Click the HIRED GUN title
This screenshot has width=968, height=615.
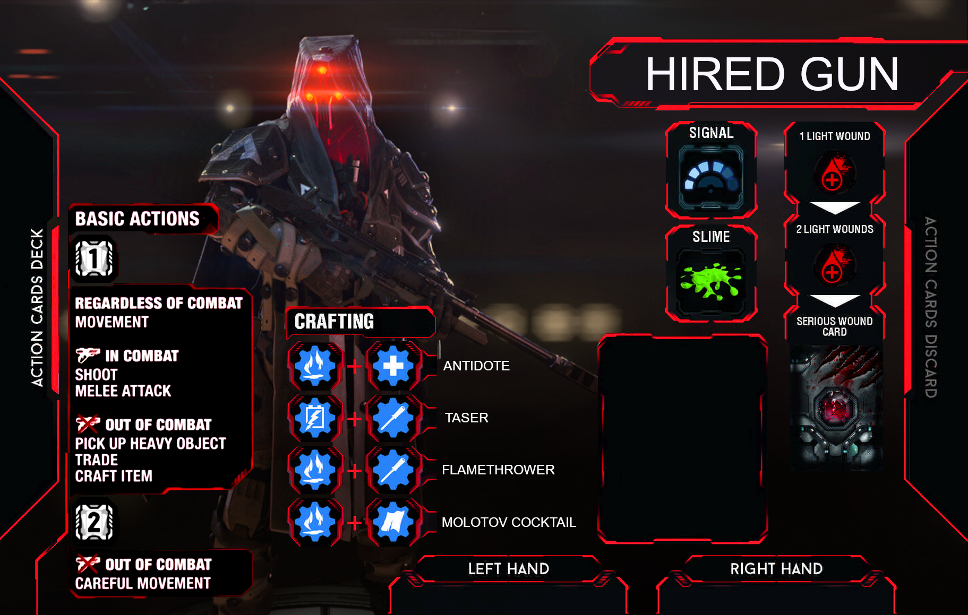pos(772,75)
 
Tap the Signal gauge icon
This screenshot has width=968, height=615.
pos(711,178)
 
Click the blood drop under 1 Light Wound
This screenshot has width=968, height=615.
pos(833,172)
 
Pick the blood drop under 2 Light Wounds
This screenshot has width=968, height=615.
pos(833,265)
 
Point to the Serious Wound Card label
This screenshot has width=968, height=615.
pos(834,326)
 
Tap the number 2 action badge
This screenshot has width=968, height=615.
pos(94,522)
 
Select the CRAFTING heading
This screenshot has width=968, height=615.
pos(335,322)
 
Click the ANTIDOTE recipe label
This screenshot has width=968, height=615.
pos(476,366)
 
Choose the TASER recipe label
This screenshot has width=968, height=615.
pos(466,418)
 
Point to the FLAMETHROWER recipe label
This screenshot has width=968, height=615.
pos(498,470)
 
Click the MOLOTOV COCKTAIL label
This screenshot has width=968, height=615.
pos(509,522)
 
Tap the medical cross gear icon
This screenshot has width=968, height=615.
pos(393,366)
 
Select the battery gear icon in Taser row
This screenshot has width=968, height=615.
pos(315,418)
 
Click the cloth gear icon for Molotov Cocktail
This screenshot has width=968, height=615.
pos(393,522)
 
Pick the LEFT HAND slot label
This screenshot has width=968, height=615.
pos(508,569)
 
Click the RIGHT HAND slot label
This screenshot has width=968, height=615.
pos(776,569)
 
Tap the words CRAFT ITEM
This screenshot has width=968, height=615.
pos(114,476)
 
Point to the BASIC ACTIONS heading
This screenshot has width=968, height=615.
pos(137,219)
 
